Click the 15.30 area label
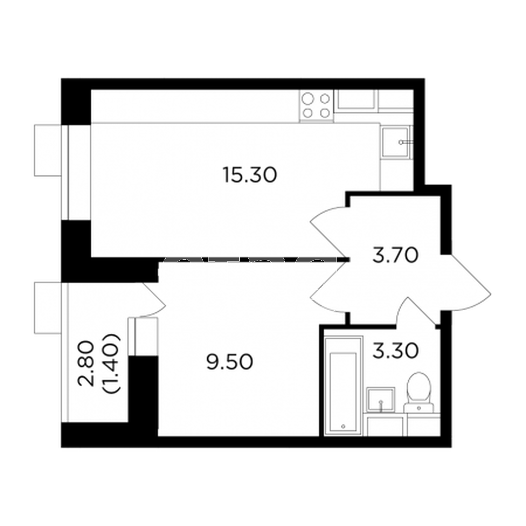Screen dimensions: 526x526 [250, 175]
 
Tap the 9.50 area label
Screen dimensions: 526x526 [229, 362]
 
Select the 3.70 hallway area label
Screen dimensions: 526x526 [395, 255]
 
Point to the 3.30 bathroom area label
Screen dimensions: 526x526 [395, 351]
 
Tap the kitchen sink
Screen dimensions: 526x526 [395, 142]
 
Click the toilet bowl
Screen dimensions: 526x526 [419, 388]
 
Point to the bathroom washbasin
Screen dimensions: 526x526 [380, 399]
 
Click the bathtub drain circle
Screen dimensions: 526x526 [343, 426]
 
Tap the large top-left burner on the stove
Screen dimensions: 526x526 [307, 99]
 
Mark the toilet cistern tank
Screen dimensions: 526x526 [419, 408]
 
